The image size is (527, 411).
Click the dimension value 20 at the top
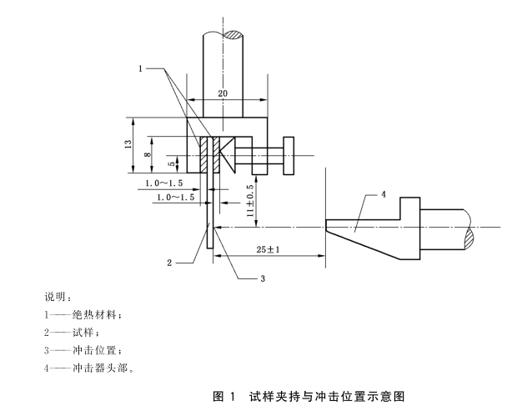point(223,94)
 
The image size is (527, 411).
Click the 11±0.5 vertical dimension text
point(249,202)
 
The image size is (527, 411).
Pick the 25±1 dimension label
point(267,248)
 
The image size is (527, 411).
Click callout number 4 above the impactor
point(383,194)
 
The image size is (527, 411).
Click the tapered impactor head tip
point(330,225)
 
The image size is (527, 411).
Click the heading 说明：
point(58,298)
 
